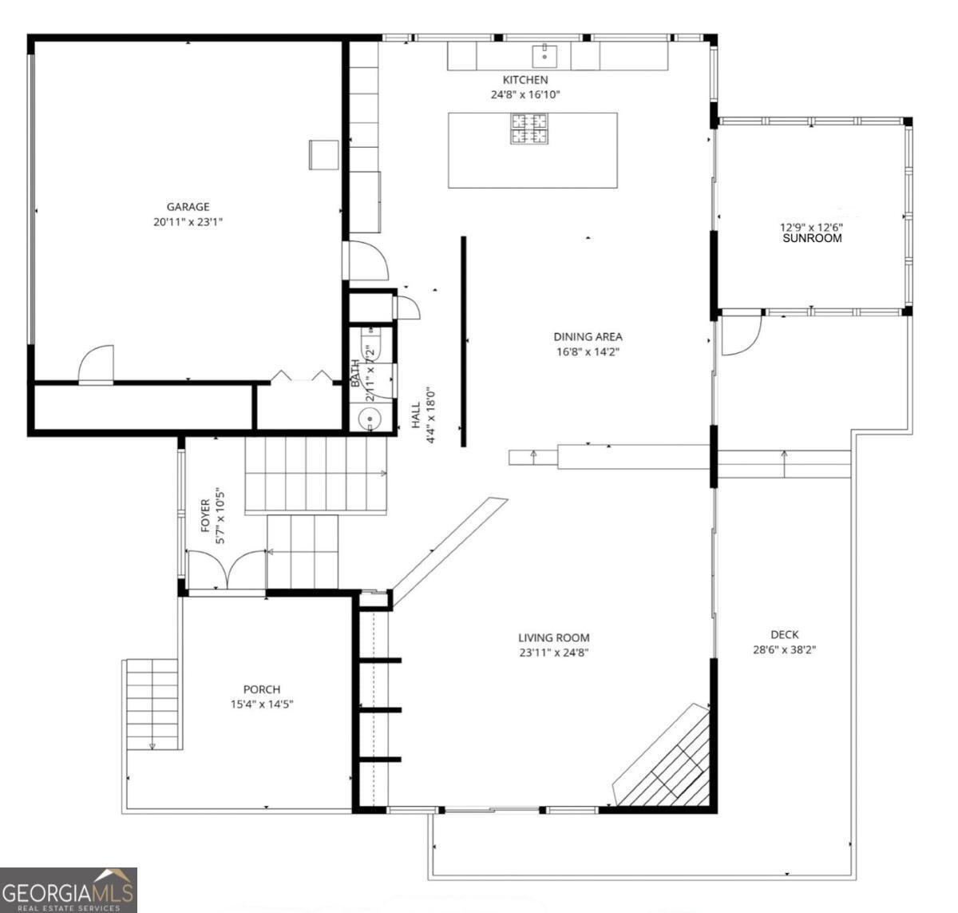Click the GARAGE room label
point(188,207)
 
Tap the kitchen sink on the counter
point(544,56)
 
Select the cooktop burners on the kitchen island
point(528,129)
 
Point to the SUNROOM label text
point(812,238)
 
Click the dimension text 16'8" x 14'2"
point(588,351)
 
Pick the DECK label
point(785,634)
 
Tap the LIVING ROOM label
point(553,637)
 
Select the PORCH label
point(262,689)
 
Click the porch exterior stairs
point(152,705)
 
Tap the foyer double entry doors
point(227,570)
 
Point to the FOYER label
point(205,515)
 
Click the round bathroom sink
point(370,419)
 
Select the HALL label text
point(416,415)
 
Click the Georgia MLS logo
point(68,890)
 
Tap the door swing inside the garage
point(96,364)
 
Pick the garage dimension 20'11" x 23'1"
point(188,222)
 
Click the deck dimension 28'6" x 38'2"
point(785,649)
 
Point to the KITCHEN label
point(525,80)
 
